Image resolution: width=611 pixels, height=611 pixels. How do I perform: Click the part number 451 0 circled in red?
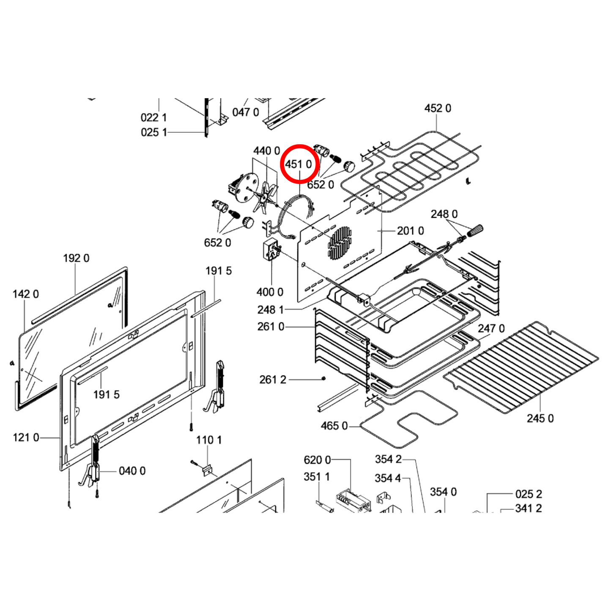(299, 164)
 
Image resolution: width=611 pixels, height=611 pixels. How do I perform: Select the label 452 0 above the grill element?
(437, 109)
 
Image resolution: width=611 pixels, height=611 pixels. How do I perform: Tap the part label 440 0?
(266, 151)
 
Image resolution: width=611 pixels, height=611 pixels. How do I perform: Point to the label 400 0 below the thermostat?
(270, 292)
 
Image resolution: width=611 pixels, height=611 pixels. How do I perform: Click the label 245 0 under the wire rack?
(540, 418)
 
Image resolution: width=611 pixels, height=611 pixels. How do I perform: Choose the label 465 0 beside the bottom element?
(334, 426)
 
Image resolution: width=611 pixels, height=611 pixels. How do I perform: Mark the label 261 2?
(273, 380)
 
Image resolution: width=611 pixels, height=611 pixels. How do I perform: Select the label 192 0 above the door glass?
(76, 258)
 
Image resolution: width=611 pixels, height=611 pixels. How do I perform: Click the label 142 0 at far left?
(26, 294)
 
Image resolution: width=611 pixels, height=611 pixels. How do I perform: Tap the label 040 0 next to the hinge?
(132, 471)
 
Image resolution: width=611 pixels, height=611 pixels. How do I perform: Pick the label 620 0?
(317, 460)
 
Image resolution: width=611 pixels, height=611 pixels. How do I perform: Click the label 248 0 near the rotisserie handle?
(444, 214)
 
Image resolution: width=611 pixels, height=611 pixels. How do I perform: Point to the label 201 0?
(410, 231)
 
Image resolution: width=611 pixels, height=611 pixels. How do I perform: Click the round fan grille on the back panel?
(340, 243)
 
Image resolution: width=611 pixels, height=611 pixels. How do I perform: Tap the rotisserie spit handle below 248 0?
(474, 230)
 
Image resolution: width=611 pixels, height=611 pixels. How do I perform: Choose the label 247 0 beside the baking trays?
(491, 329)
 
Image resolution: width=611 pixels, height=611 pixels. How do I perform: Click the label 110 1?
(208, 440)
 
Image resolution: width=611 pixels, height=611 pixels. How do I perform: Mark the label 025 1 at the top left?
(153, 132)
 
